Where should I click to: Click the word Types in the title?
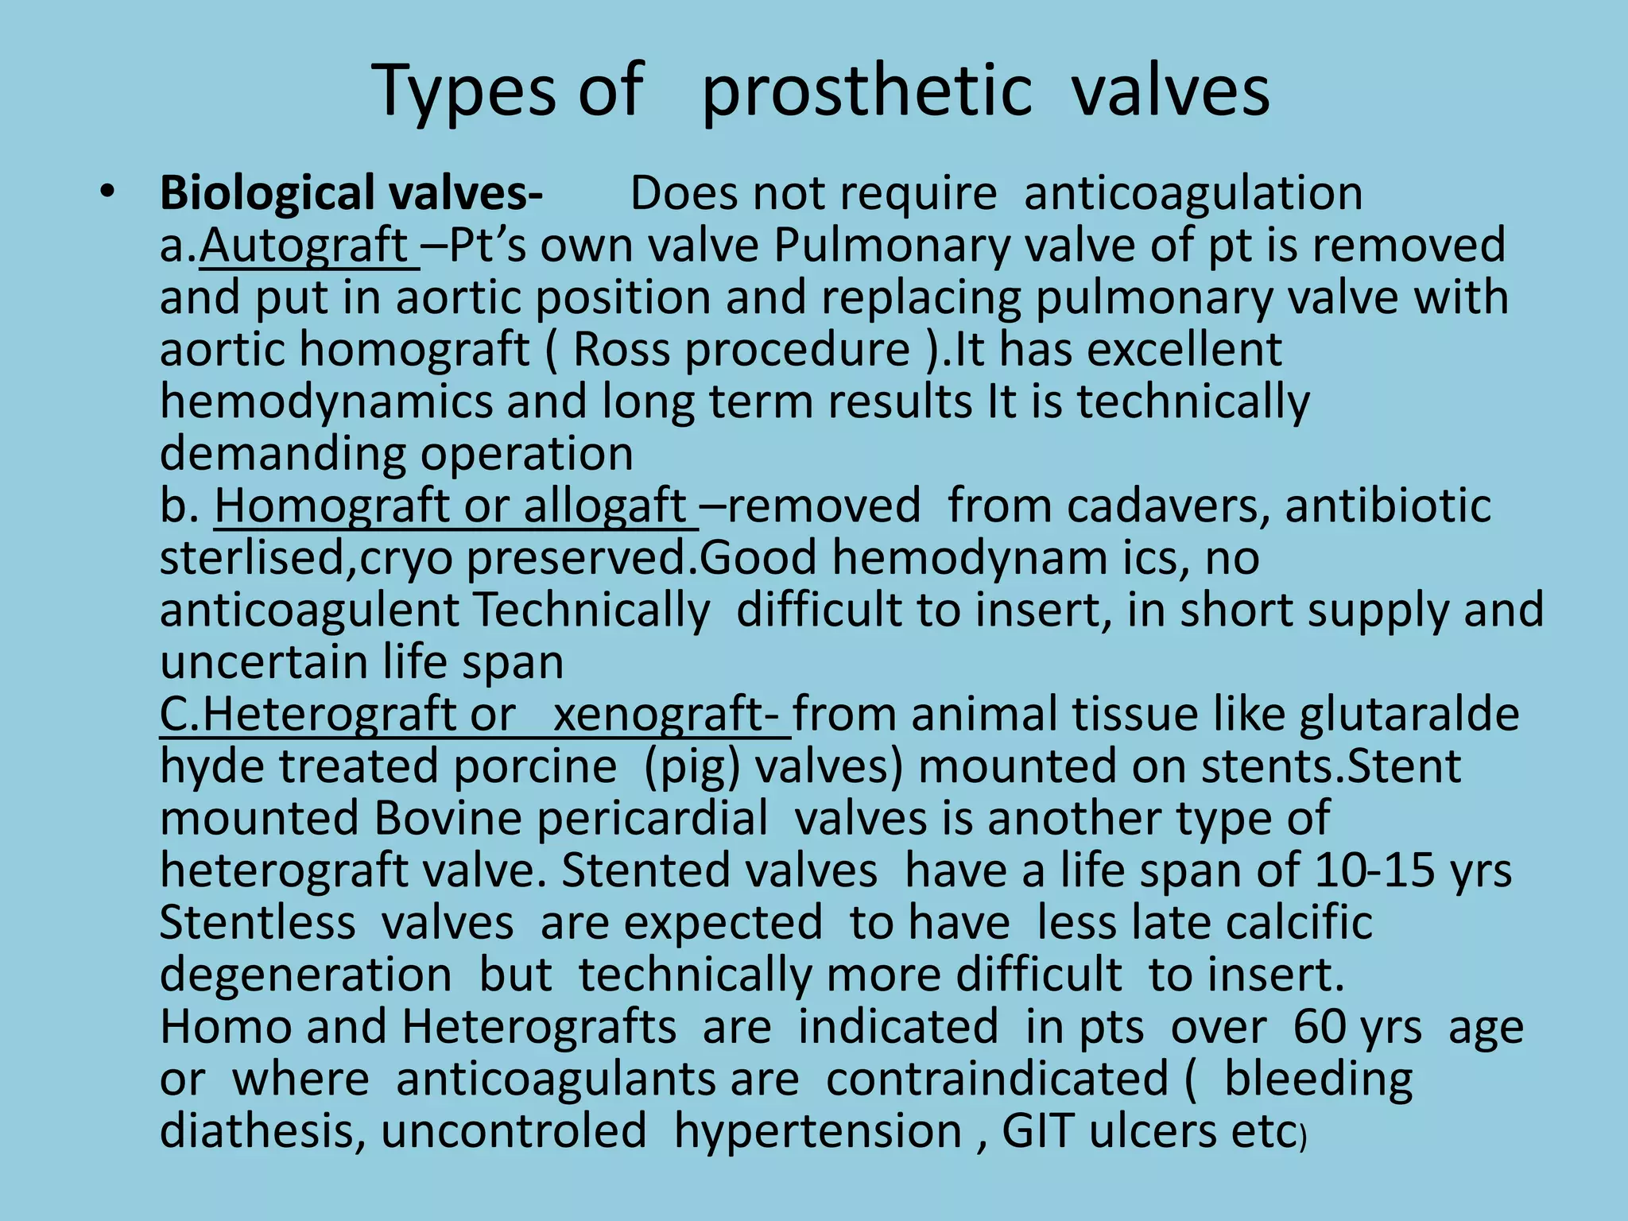tap(465, 91)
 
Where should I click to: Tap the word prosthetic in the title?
tap(866, 91)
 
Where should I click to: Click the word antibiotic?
tap(1388, 506)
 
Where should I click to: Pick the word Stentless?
tap(258, 923)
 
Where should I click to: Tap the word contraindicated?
tap(997, 1080)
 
